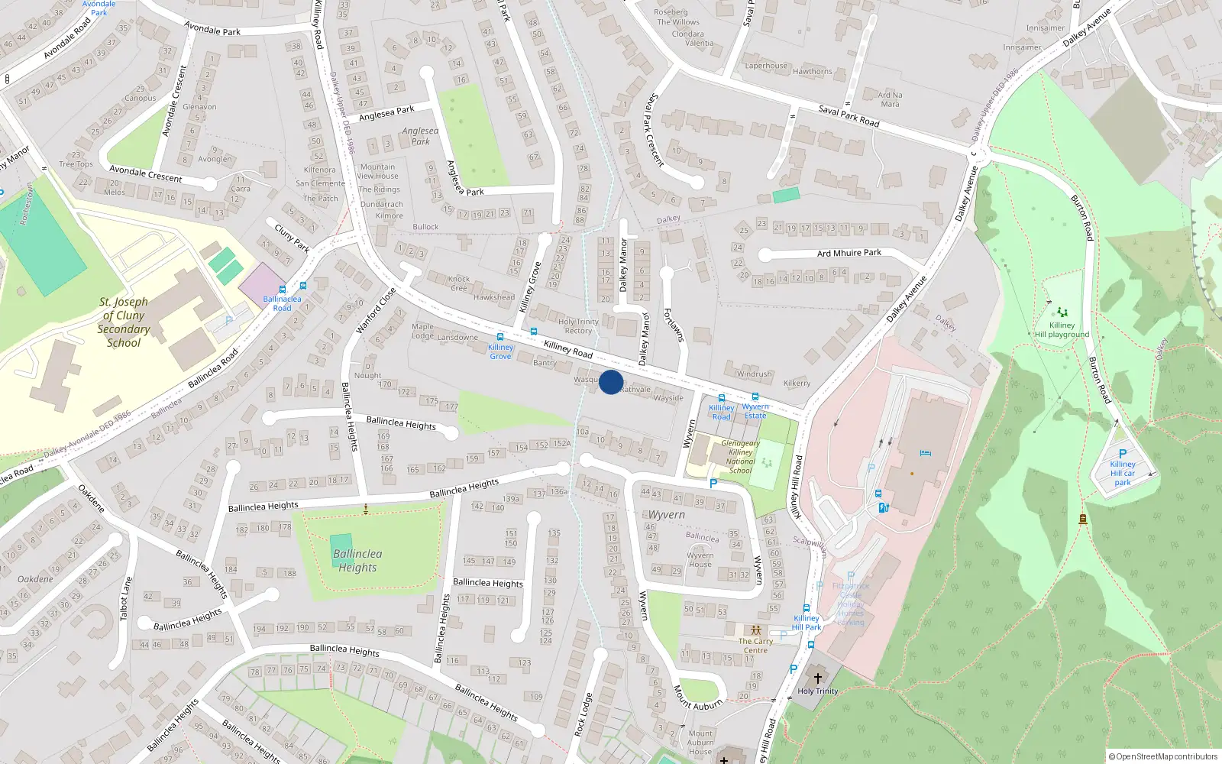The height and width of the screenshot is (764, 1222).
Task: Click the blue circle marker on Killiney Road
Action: (611, 382)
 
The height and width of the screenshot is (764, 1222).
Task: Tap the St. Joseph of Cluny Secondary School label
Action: (124, 322)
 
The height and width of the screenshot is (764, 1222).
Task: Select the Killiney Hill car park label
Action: (1123, 473)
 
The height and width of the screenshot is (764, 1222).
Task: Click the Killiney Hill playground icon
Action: (1062, 312)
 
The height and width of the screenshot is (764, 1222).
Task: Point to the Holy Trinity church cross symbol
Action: (817, 678)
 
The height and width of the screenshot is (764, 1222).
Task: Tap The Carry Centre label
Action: (755, 646)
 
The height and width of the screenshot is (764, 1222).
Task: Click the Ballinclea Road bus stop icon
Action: (283, 290)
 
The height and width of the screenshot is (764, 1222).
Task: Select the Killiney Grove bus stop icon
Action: (500, 337)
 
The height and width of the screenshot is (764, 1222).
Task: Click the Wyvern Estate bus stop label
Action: (755, 411)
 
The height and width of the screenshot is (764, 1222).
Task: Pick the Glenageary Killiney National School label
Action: (740, 457)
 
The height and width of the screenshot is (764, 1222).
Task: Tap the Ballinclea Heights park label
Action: (357, 561)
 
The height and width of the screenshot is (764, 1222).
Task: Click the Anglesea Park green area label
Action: (420, 136)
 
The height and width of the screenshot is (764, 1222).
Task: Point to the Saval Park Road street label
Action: (849, 116)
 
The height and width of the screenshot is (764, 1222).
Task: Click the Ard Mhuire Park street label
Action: (849, 253)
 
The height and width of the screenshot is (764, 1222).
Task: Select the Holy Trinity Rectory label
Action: (578, 326)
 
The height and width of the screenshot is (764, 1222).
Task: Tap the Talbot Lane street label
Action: (125, 598)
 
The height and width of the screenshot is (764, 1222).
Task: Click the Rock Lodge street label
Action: (583, 715)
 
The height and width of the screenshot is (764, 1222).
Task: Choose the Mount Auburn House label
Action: (700, 743)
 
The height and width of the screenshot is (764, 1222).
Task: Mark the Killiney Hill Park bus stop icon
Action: (807, 609)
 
